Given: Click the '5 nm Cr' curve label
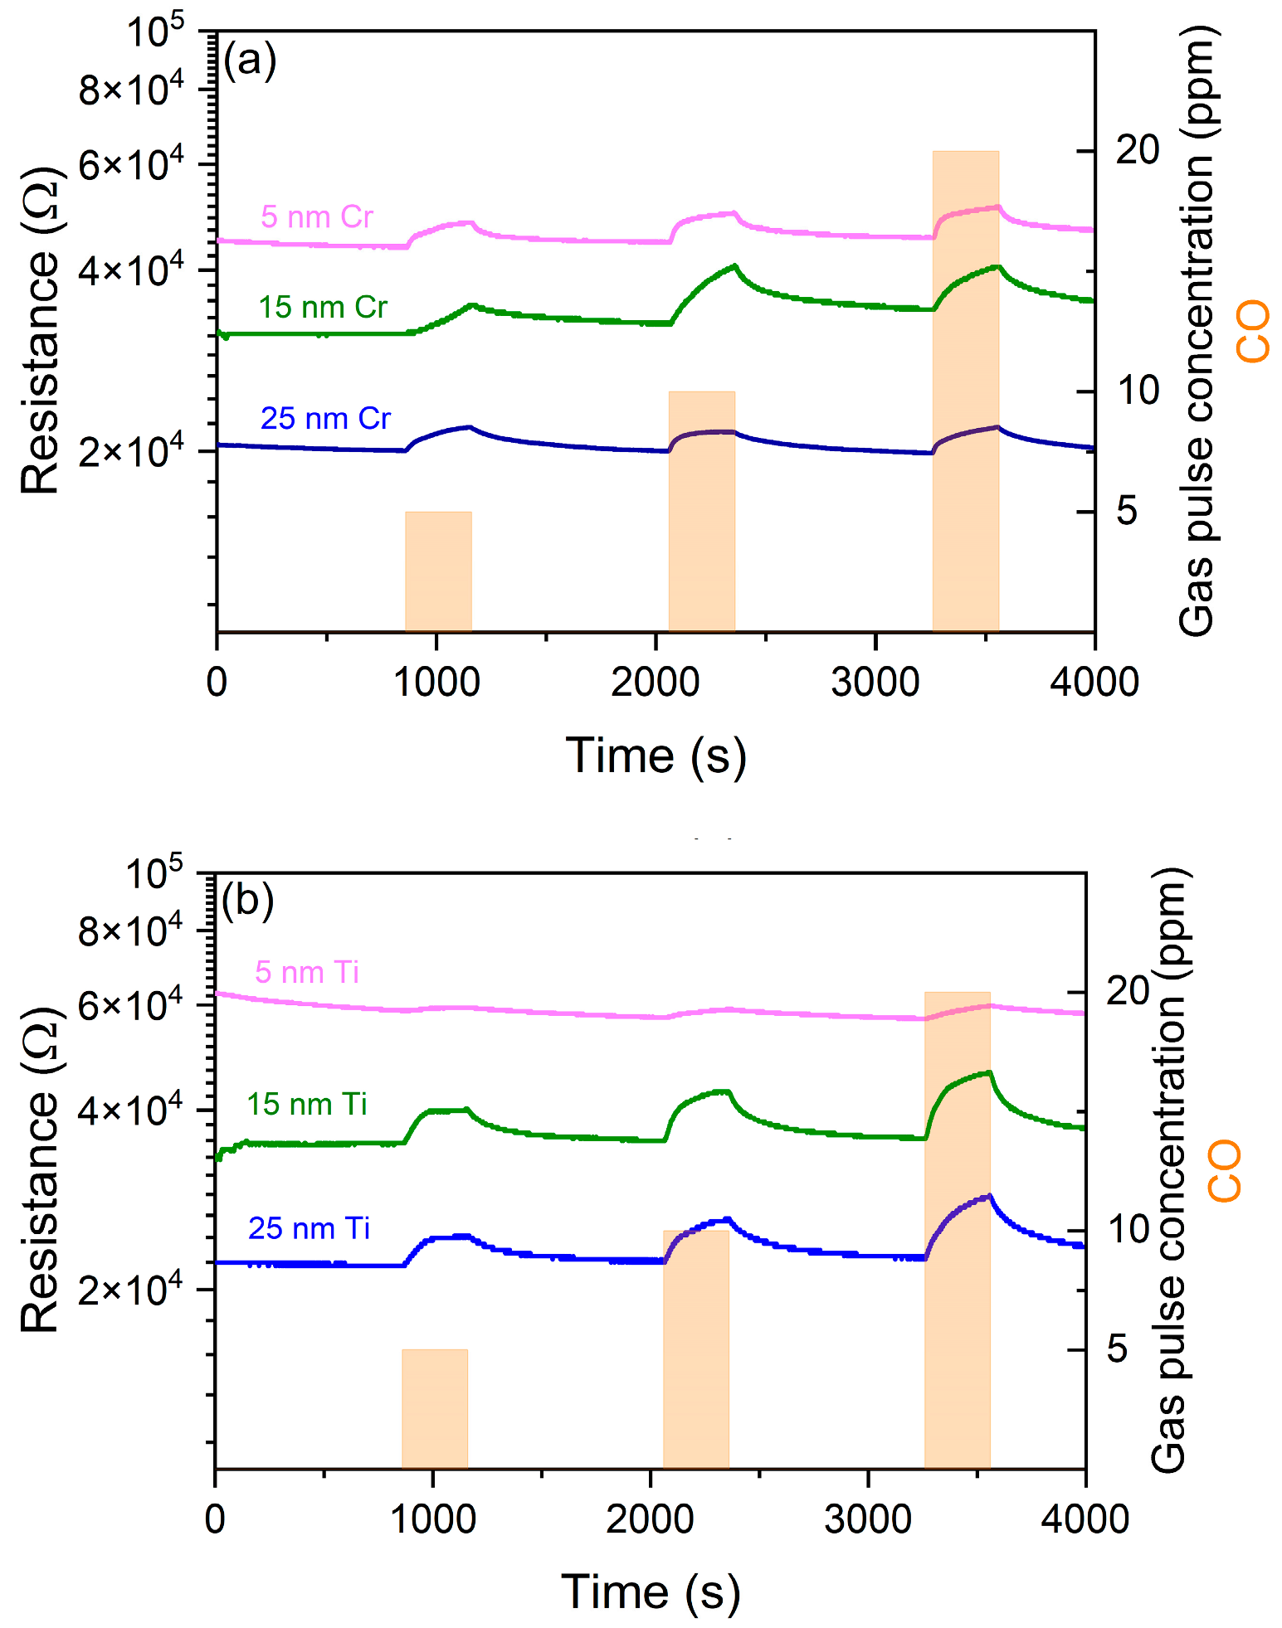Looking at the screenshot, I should pyautogui.click(x=317, y=217).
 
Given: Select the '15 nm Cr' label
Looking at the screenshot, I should pyautogui.click(x=323, y=308).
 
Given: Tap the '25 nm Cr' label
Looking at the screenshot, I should pyautogui.click(x=325, y=419).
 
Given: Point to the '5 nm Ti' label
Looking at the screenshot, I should pyautogui.click(x=307, y=972).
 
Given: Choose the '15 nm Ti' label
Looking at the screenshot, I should pyautogui.click(x=307, y=1105).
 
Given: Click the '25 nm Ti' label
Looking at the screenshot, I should pyautogui.click(x=309, y=1228).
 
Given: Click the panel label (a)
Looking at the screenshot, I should pyautogui.click(x=250, y=61).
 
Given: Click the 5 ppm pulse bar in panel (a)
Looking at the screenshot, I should pyautogui.click(x=438, y=571).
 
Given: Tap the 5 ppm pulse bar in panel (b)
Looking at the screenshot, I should pyautogui.click(x=435, y=1411).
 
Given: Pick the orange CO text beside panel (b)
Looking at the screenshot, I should pyautogui.click(x=1225, y=1171).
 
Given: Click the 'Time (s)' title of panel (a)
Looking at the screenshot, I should pyautogui.click(x=656, y=756).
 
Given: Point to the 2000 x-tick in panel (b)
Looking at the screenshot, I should pyautogui.click(x=650, y=1519).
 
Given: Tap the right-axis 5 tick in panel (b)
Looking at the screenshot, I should pyautogui.click(x=1118, y=1349).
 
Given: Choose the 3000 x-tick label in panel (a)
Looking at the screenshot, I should pyautogui.click(x=875, y=683).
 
